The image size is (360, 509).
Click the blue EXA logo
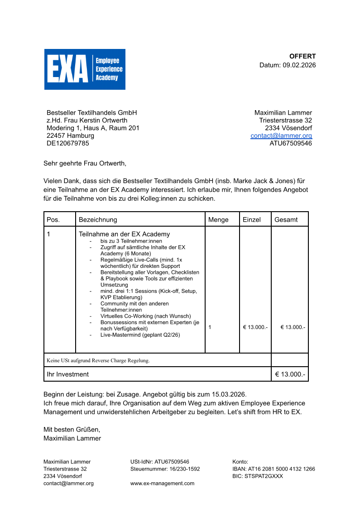(x=85, y=69)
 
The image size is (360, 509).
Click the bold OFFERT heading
(x=302, y=56)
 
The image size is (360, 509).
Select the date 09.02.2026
(x=299, y=65)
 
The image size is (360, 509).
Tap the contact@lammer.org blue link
(x=281, y=136)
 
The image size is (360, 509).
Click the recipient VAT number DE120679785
(x=68, y=143)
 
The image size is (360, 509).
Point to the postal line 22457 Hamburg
(x=70, y=136)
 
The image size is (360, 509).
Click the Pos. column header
(x=53, y=219)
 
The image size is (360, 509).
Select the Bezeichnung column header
(x=98, y=219)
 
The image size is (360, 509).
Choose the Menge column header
(x=218, y=219)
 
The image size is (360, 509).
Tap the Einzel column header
(x=252, y=219)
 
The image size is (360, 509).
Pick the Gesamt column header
(x=286, y=219)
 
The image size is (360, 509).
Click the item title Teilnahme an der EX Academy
(x=125, y=234)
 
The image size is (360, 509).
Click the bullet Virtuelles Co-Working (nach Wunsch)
(x=145, y=316)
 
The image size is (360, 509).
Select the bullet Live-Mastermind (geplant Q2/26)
(x=140, y=335)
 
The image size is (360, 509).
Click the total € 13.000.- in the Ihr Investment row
(x=290, y=374)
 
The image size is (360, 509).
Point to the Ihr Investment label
(x=68, y=374)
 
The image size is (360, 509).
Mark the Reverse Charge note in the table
(x=98, y=360)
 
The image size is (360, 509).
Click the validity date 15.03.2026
(x=230, y=394)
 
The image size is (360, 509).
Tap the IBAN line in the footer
(x=274, y=469)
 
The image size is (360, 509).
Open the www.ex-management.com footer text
(x=162, y=483)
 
